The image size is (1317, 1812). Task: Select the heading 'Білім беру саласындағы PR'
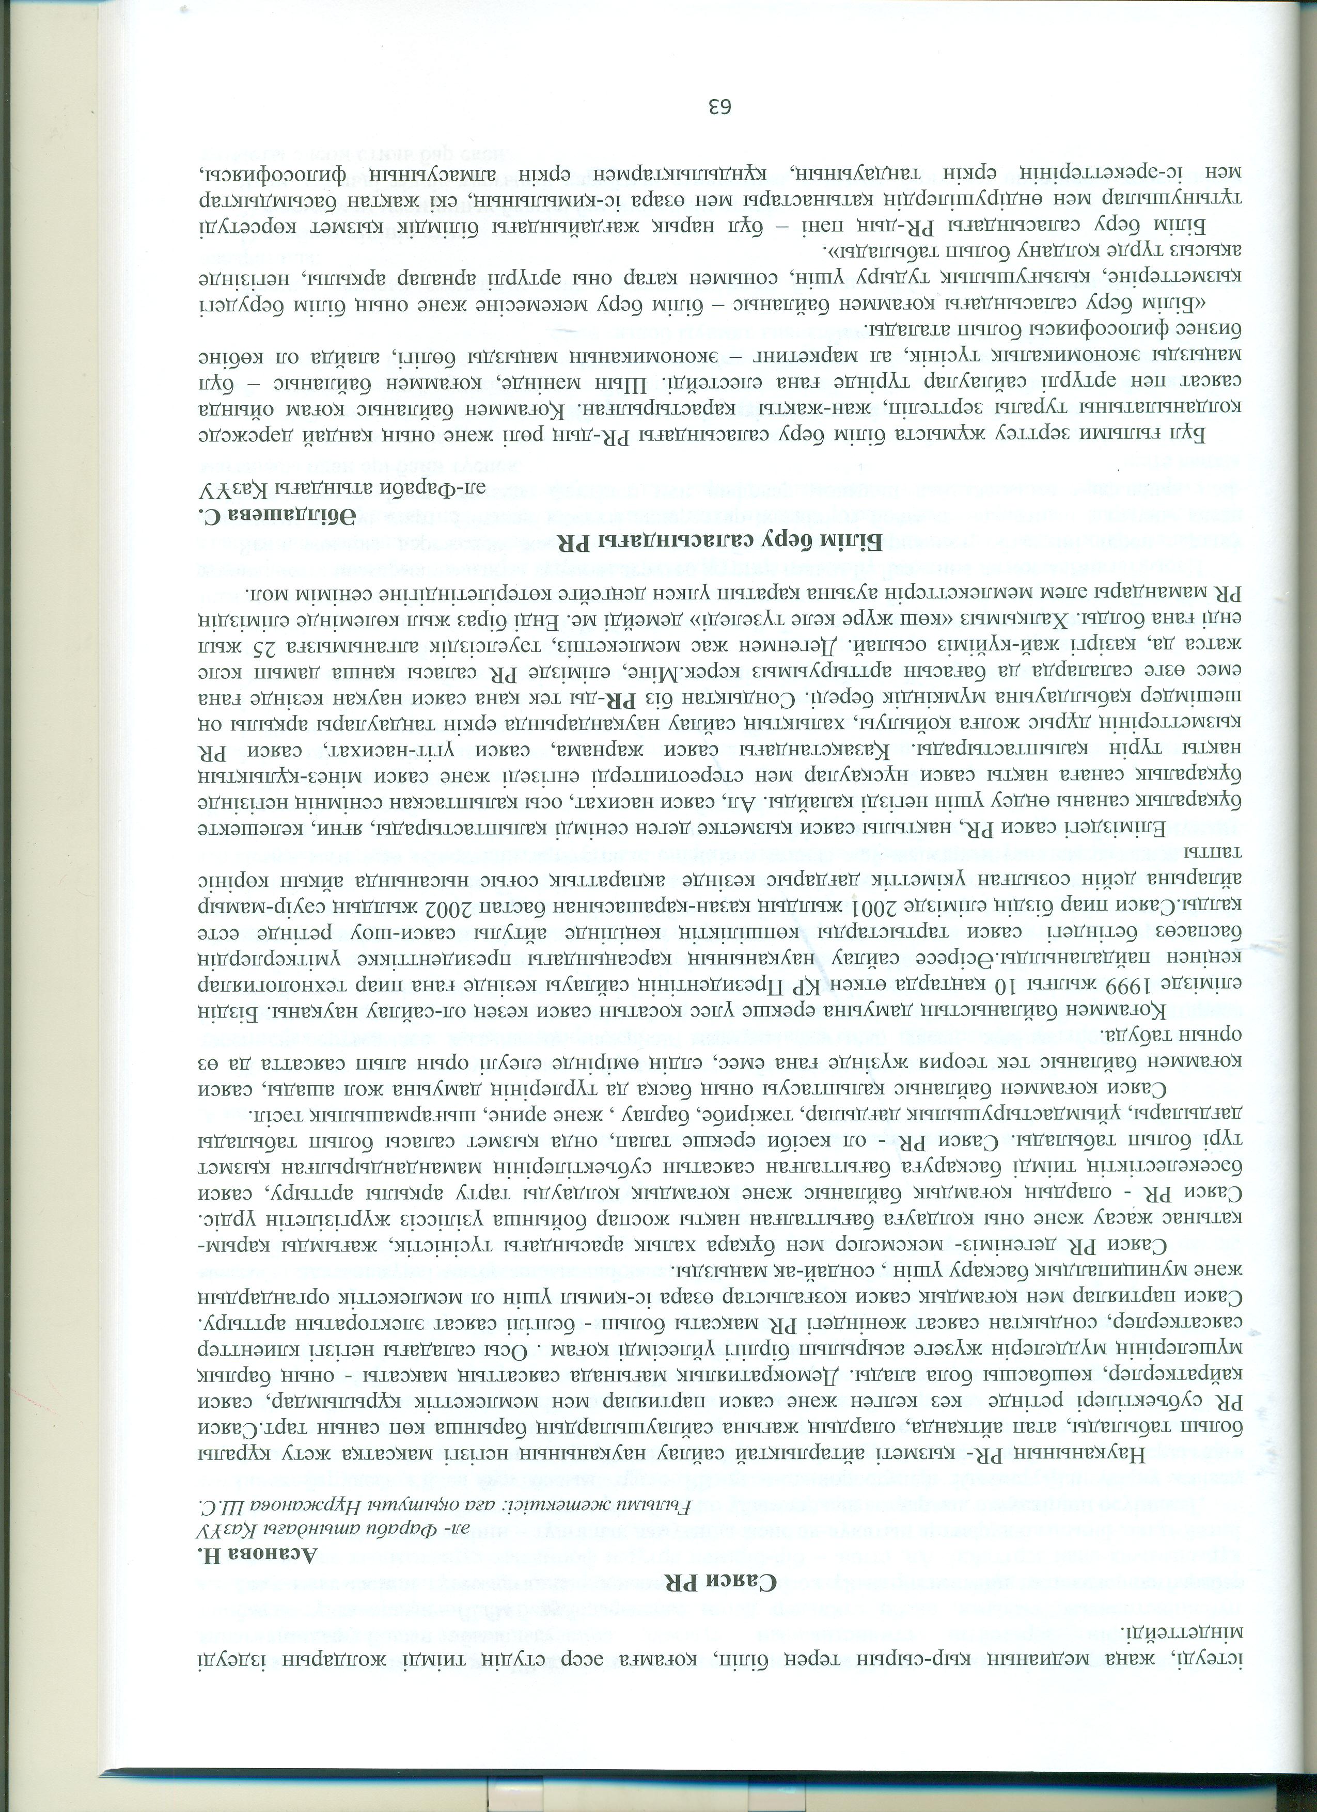point(703,543)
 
